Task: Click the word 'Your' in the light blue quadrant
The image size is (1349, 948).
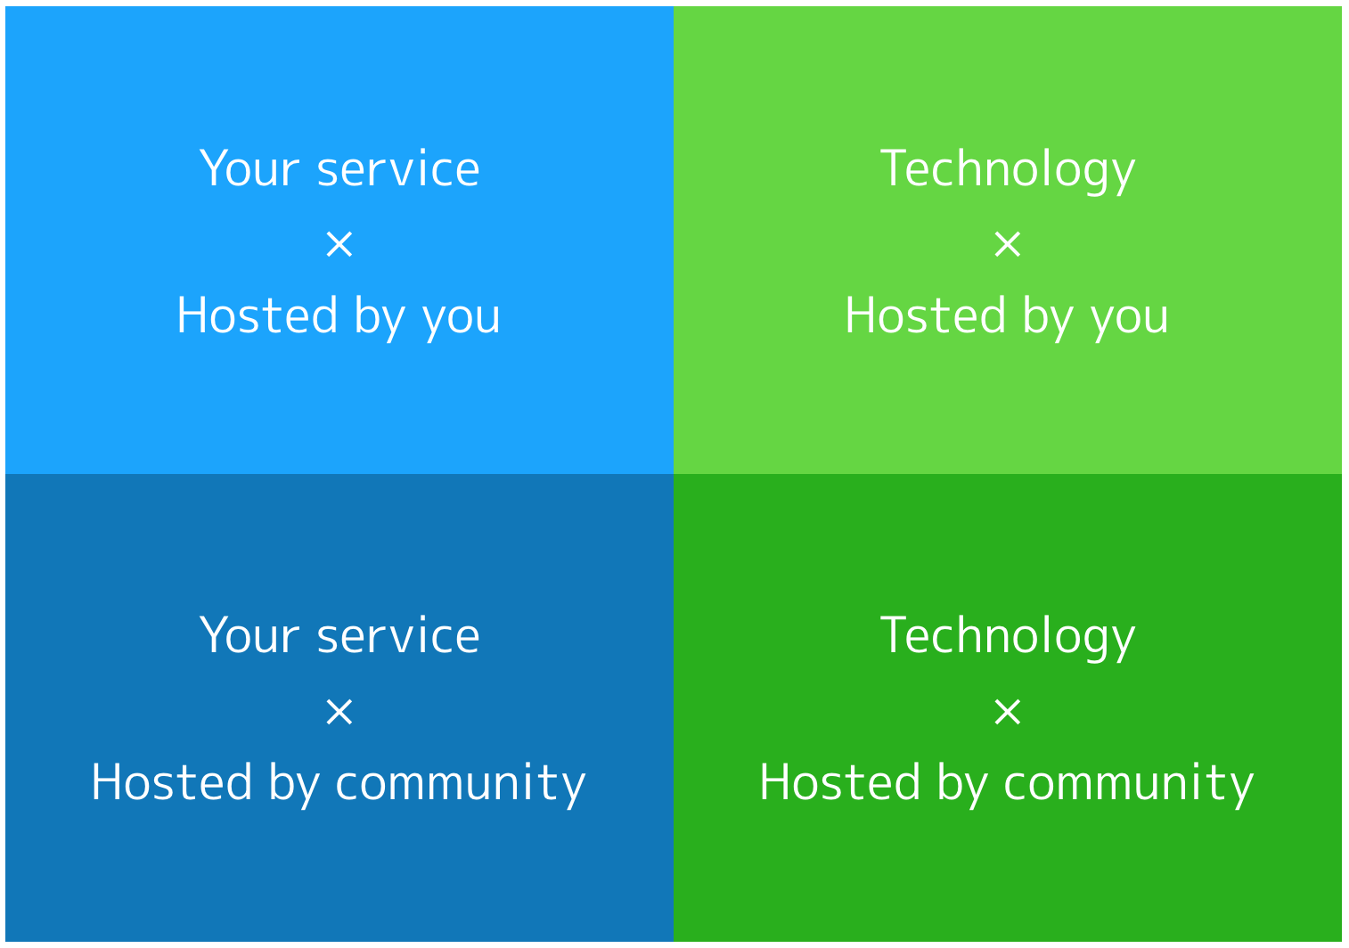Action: point(249,168)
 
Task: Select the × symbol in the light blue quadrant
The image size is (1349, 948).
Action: point(339,244)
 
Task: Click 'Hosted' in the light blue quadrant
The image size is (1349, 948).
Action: point(257,315)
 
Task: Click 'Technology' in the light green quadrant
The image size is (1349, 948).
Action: point(1008,170)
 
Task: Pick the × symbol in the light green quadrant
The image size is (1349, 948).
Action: point(1008,244)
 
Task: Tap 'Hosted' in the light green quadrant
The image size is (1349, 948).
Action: point(925,315)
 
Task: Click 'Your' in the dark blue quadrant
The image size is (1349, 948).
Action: point(249,635)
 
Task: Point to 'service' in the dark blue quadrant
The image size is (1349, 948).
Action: point(398,637)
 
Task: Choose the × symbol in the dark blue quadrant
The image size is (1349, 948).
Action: point(339,711)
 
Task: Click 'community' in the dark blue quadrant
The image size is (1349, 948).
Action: point(461,785)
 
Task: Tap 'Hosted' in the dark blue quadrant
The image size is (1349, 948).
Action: point(172,781)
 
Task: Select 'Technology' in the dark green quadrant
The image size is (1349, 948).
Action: point(1008,637)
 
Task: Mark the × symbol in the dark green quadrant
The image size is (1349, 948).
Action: point(1008,711)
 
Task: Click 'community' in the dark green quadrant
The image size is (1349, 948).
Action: point(1129,785)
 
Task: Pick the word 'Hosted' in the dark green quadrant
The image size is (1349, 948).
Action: point(840,781)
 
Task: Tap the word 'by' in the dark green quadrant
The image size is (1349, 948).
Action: point(963,784)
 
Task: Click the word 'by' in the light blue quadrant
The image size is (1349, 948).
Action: point(380,317)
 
